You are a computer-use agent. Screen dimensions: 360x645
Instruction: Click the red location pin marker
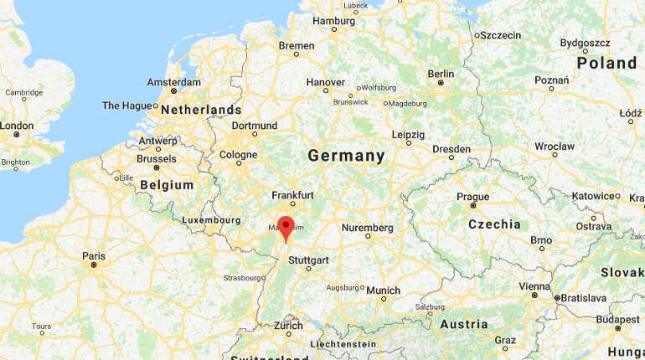point(286,227)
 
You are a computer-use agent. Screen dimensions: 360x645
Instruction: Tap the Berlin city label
point(441,74)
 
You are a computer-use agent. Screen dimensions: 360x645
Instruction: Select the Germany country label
point(346,156)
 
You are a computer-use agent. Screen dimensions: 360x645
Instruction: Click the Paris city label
point(94,255)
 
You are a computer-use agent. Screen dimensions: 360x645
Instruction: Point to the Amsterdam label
point(173,82)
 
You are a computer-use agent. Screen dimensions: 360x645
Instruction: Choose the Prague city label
point(472,197)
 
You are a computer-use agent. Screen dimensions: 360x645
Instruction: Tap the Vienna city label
point(534,286)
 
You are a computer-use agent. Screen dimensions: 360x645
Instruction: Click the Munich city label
point(383,291)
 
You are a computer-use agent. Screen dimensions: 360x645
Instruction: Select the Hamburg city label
point(333,20)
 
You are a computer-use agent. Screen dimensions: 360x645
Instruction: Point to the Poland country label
point(606,63)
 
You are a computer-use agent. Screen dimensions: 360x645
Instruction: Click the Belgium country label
point(167,185)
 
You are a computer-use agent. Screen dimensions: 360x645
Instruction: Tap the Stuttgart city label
point(308,260)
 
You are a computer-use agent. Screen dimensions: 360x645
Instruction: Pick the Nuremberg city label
point(367,227)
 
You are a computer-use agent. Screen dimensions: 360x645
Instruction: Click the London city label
point(17,125)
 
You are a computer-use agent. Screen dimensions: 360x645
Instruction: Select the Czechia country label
point(494,224)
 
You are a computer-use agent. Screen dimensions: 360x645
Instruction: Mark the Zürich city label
point(288,325)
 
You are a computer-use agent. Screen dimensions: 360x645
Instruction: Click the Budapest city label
point(617,319)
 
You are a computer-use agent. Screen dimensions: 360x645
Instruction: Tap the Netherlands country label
point(201,110)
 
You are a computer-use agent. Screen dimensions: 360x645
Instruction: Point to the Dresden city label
point(451,149)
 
